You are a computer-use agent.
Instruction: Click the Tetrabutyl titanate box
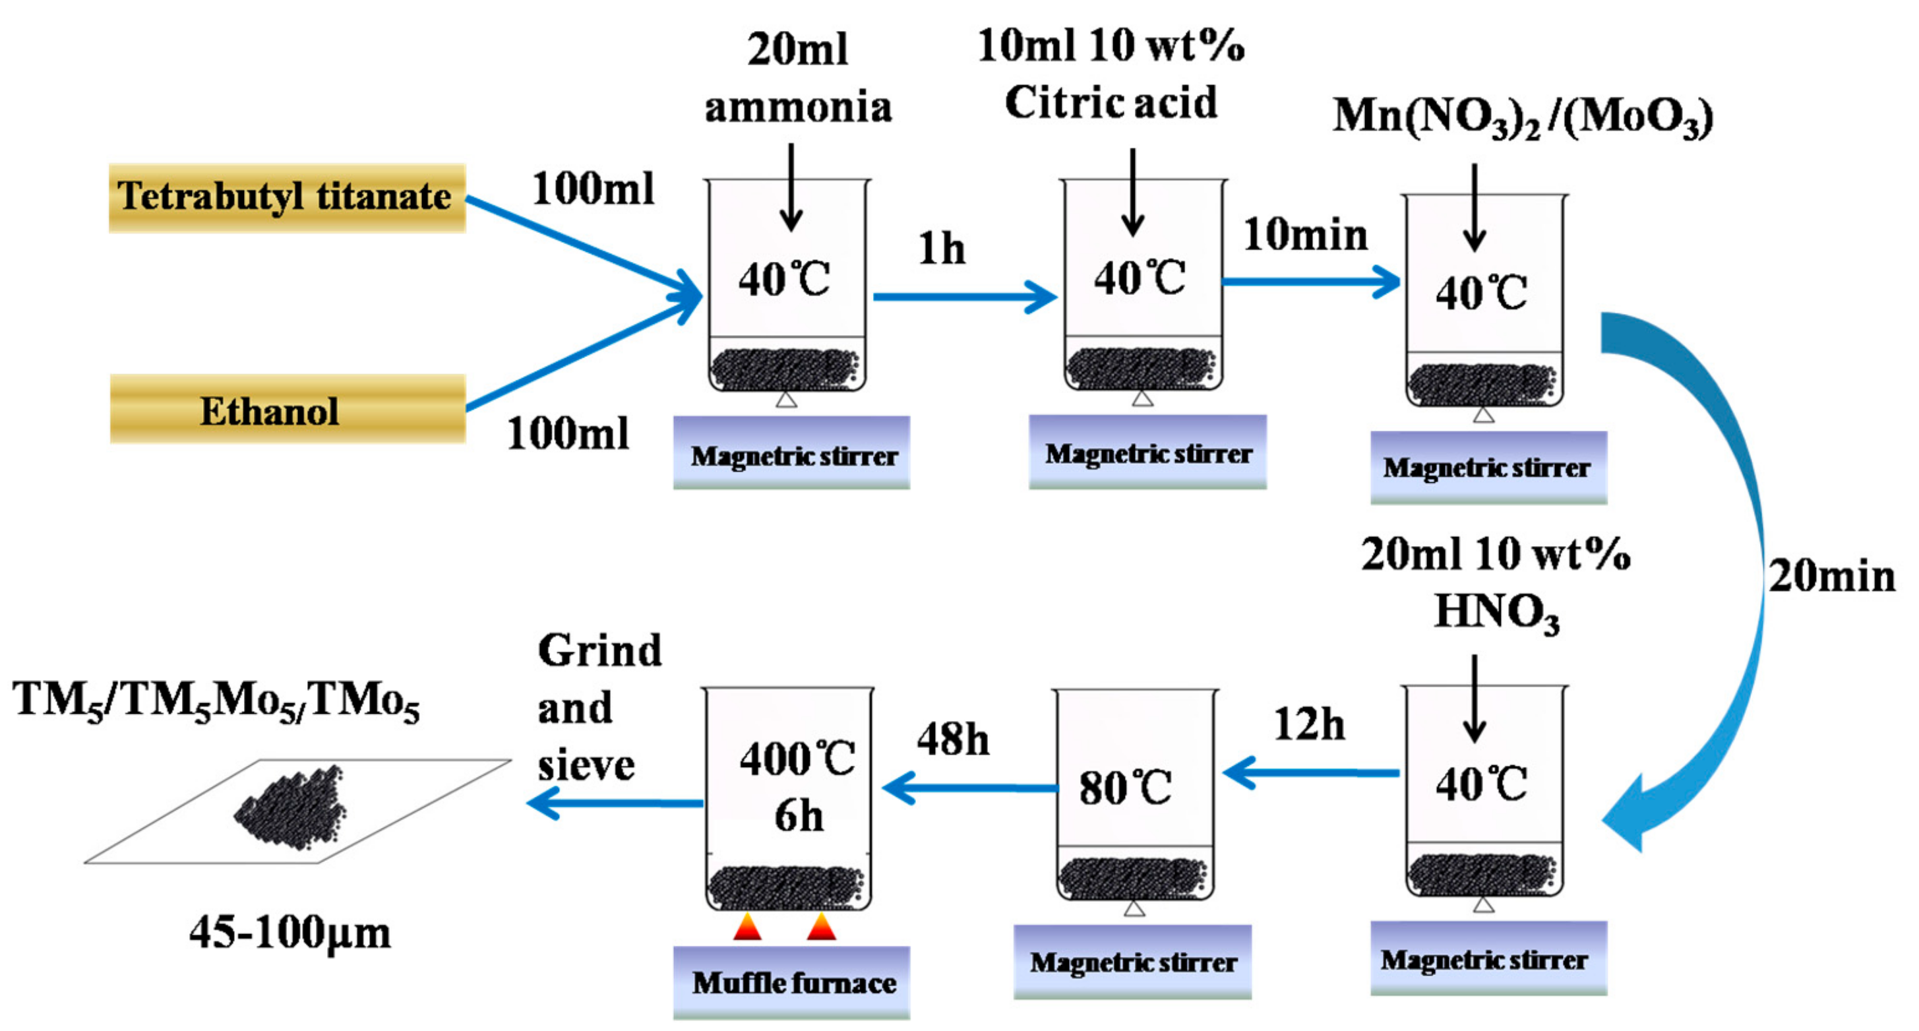coord(287,197)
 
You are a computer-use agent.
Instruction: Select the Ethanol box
coord(287,410)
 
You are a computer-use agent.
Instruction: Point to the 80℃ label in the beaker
coord(1125,788)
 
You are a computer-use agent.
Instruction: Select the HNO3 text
coord(1496,613)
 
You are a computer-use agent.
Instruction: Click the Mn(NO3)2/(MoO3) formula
coord(1521,117)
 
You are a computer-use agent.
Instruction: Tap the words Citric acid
coord(1110,103)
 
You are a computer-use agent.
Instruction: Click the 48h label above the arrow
coord(952,739)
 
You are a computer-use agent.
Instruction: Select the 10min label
coord(1305,235)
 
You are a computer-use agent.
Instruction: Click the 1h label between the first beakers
coord(941,249)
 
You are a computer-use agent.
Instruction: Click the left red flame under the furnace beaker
coord(747,927)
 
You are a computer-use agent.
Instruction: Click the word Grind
coord(599,651)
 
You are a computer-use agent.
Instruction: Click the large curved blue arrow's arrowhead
coord(1628,816)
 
